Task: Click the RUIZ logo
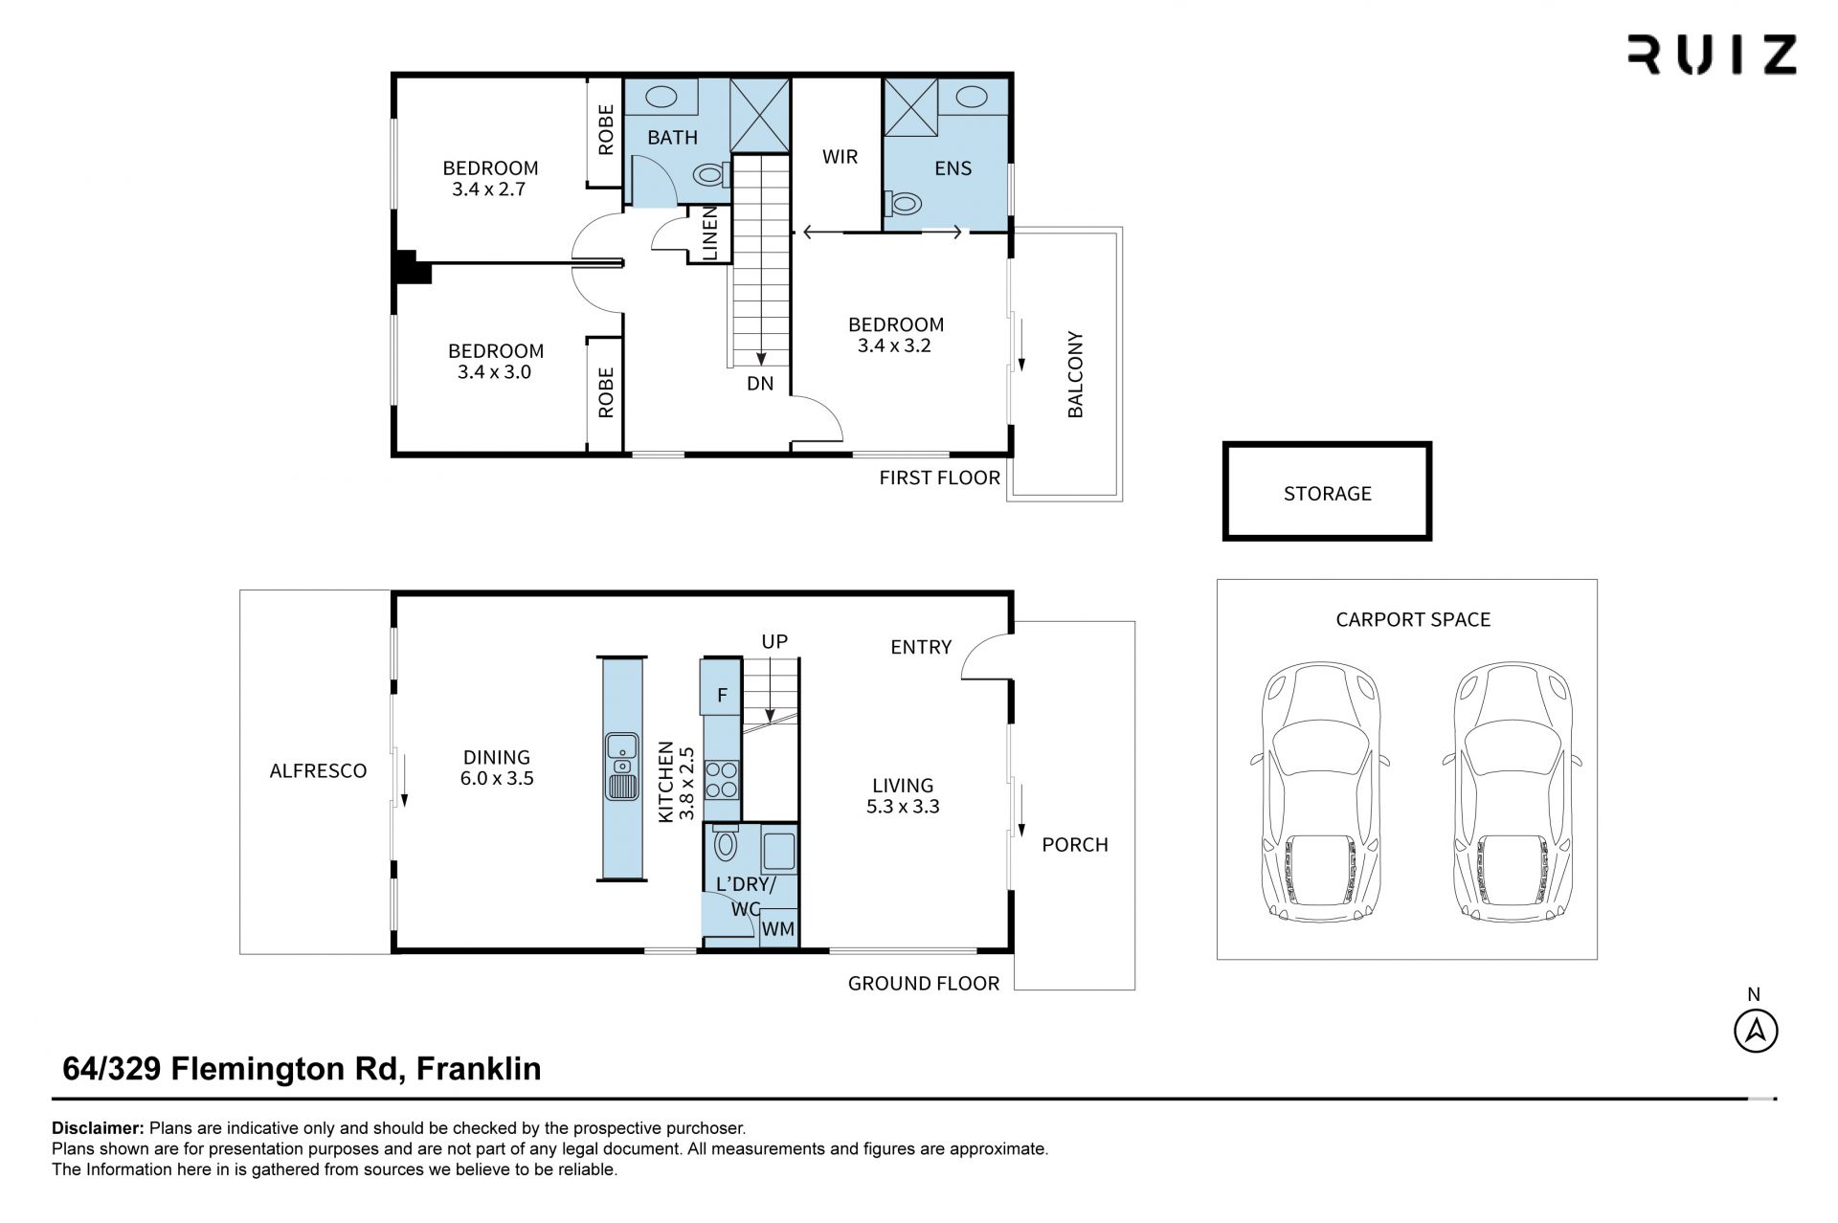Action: tap(1712, 55)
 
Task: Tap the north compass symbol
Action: tap(1756, 1031)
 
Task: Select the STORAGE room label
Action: tap(1327, 494)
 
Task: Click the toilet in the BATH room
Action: tap(709, 175)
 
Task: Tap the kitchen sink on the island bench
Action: tap(622, 766)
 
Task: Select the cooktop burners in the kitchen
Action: tap(721, 779)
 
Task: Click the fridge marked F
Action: tap(722, 696)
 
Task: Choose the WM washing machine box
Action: tap(778, 928)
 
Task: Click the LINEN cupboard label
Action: tap(710, 233)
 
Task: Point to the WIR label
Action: tap(840, 157)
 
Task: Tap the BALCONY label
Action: tap(1075, 374)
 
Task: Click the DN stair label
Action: tap(760, 384)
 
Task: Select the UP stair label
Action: tap(774, 641)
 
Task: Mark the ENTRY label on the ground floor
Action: tap(921, 647)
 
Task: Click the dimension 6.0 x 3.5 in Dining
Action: tap(497, 779)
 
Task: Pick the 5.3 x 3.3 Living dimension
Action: tap(903, 807)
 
